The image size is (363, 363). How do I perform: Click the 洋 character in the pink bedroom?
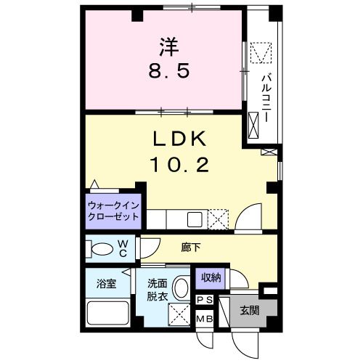tap(169, 47)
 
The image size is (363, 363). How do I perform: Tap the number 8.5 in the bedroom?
tap(168, 71)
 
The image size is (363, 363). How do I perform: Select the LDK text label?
tap(179, 139)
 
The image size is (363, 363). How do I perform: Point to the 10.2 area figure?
tap(179, 165)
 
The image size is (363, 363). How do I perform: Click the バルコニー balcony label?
tap(266, 99)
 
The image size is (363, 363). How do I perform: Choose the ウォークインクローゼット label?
tap(113, 211)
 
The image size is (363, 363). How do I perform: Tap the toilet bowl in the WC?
tap(102, 249)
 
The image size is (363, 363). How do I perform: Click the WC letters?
tap(123, 248)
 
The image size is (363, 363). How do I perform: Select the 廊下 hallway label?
tap(191, 248)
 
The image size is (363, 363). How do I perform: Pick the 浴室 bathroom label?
tap(107, 284)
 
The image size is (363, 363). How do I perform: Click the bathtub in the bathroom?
tap(107, 313)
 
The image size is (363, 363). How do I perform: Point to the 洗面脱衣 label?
tap(158, 290)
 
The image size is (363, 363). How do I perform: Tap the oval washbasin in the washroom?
tap(181, 288)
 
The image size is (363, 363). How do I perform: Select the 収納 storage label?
tap(211, 278)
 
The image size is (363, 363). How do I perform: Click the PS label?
tap(205, 300)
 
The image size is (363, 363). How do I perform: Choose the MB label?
tap(205, 319)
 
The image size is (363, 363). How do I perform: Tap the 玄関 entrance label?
tap(250, 310)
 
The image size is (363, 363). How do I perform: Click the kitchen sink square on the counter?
tap(195, 219)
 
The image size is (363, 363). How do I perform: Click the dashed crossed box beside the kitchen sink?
tap(218, 219)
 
